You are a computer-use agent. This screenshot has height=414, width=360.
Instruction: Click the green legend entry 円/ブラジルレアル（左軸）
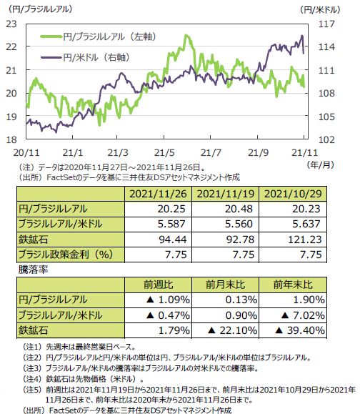click(x=98, y=36)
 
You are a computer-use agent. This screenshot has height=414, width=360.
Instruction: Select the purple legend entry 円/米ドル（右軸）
click(x=85, y=57)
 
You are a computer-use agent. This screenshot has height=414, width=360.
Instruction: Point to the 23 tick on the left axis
click(x=11, y=24)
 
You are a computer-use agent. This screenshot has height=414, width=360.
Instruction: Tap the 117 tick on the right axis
click(x=326, y=24)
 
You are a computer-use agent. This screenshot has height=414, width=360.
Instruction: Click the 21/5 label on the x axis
click(x=164, y=152)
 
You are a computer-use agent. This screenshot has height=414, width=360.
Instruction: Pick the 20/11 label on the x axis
click(x=26, y=152)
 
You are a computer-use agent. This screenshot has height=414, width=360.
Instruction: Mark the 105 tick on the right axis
click(x=326, y=117)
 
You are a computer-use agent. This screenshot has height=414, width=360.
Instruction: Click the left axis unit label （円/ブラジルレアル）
click(x=40, y=9)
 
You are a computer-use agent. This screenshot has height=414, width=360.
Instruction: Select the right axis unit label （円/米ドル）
click(x=320, y=10)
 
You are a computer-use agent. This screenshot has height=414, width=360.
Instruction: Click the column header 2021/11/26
click(x=158, y=194)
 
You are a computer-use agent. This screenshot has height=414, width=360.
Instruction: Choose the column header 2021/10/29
click(x=293, y=194)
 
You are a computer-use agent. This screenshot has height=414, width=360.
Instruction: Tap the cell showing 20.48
click(x=239, y=209)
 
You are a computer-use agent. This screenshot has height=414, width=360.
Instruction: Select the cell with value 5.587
click(x=171, y=224)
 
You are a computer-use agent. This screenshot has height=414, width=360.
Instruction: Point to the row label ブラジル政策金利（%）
click(x=66, y=255)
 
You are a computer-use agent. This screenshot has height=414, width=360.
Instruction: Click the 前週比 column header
click(x=159, y=285)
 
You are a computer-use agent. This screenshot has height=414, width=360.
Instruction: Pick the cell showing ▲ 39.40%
click(x=300, y=330)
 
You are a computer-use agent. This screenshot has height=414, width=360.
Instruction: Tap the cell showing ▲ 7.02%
click(x=303, y=315)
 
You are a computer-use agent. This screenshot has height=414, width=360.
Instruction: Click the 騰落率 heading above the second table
click(x=34, y=270)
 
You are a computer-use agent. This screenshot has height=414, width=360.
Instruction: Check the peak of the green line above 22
click(x=186, y=35)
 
